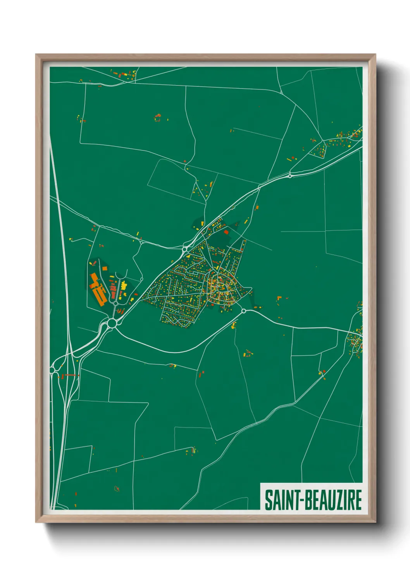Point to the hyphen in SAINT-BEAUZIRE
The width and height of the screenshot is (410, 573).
(x=299, y=500)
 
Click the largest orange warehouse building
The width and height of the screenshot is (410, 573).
(x=98, y=290)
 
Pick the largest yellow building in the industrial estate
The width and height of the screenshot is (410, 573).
(x=124, y=286)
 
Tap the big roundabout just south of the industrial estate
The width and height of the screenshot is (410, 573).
(x=112, y=323)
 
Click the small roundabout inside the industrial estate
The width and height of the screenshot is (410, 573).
(x=115, y=303)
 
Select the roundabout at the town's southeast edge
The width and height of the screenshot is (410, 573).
(x=243, y=311)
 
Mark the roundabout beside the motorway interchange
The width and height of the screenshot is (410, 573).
(x=52, y=371)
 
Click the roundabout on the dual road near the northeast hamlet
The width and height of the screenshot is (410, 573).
(x=290, y=176)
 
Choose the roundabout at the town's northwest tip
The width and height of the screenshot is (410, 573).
(x=185, y=250)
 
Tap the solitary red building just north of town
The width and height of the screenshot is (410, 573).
(x=226, y=232)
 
